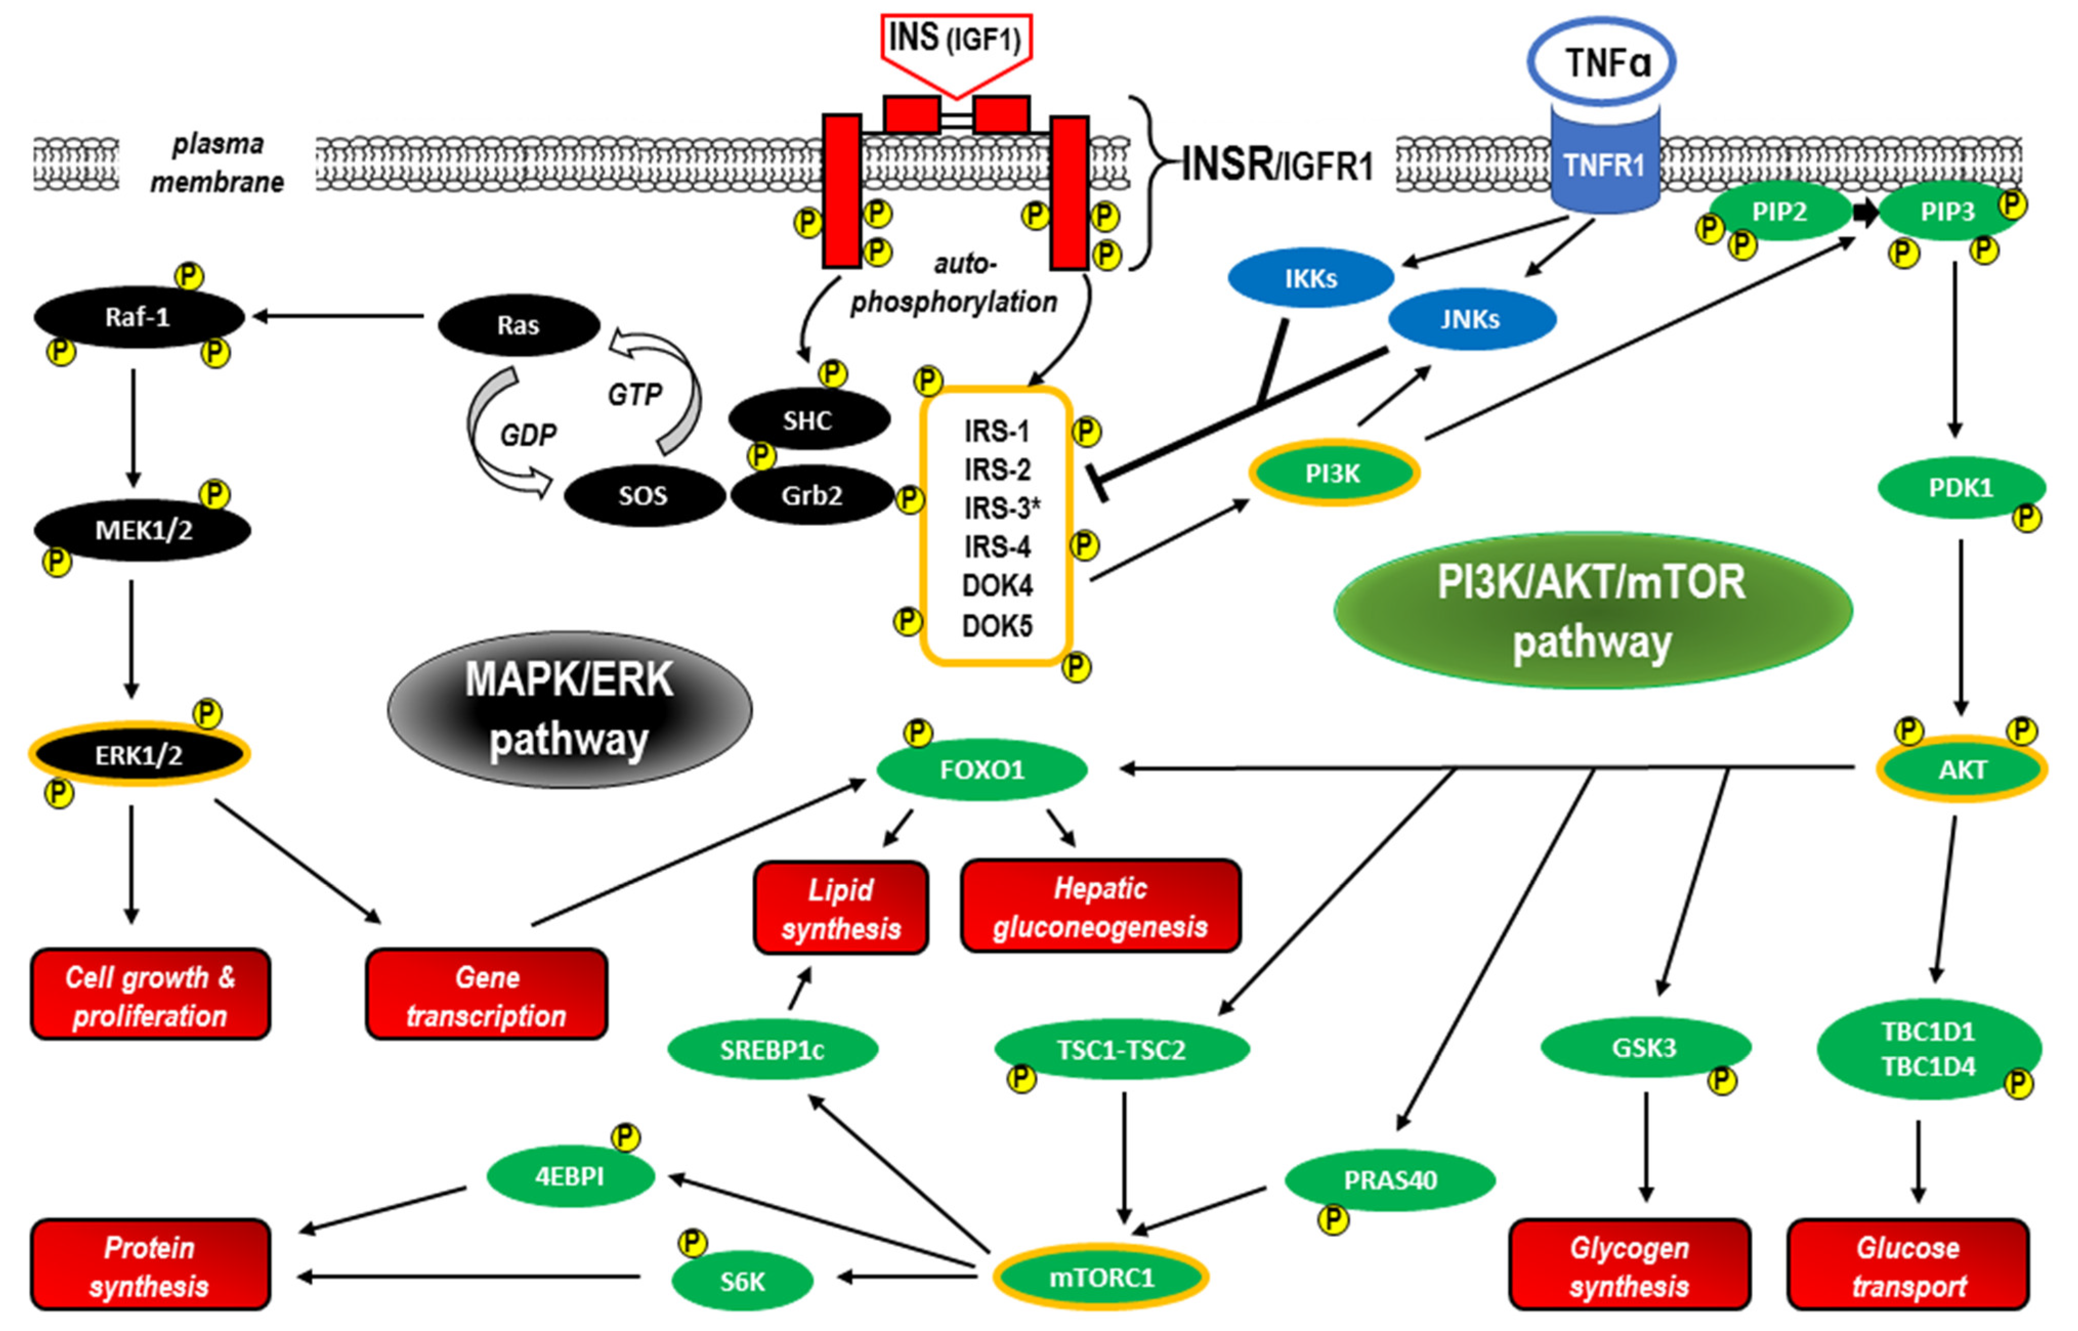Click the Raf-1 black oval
138,317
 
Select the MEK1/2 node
143,530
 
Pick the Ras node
519,325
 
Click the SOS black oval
644,495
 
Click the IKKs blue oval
1311,277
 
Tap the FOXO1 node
982,769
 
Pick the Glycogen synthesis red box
1630,1265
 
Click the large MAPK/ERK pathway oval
570,709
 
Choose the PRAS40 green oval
1390,1180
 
